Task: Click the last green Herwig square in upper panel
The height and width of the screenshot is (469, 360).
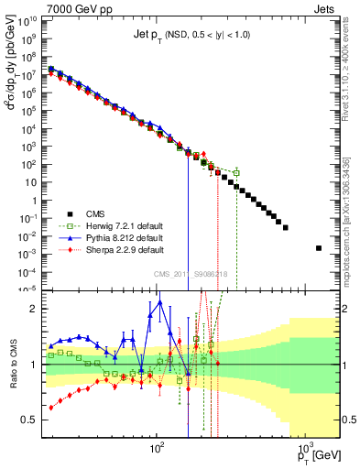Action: [x=236, y=172]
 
